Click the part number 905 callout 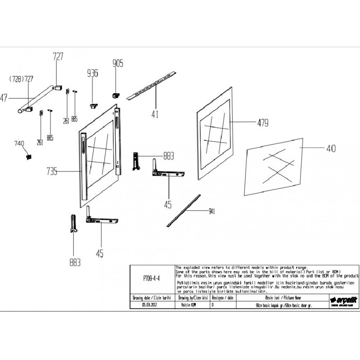coord(118,63)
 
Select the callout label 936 coord(93,73)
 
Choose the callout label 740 coord(19,143)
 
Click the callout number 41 coord(154,114)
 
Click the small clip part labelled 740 coord(29,157)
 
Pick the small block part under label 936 coord(93,105)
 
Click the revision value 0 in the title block coord(213,305)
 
